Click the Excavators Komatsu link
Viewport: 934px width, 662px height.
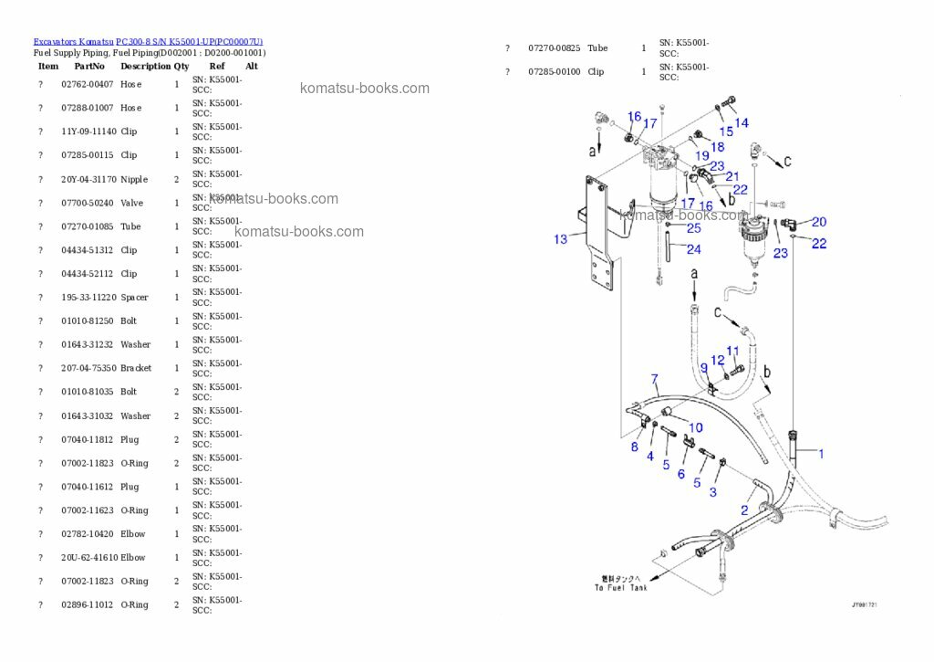pos(73,42)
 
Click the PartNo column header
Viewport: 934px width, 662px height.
pos(89,66)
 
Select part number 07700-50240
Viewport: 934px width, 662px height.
pos(88,203)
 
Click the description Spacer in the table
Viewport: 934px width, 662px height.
pos(134,298)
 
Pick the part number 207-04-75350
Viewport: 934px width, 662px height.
pos(88,368)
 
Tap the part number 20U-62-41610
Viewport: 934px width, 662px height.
pos(88,558)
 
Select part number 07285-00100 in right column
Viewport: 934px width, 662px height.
pos(554,71)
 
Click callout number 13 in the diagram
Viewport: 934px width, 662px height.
pos(560,239)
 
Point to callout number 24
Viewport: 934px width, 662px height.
pos(694,249)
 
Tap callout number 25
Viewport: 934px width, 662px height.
pos(694,227)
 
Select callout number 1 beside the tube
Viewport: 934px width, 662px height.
pos(820,453)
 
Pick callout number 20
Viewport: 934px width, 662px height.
pos(819,222)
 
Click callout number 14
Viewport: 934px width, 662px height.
pos(742,122)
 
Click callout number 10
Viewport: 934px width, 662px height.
pos(696,426)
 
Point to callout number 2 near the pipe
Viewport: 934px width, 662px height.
pos(744,510)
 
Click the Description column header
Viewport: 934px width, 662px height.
pos(145,66)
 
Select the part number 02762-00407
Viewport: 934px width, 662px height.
pos(88,84)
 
